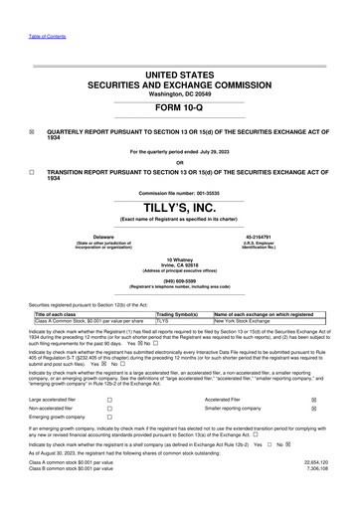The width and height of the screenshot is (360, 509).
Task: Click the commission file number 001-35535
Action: pyautogui.click(x=206, y=192)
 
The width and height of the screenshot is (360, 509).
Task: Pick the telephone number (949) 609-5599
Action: pyautogui.click(x=180, y=279)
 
